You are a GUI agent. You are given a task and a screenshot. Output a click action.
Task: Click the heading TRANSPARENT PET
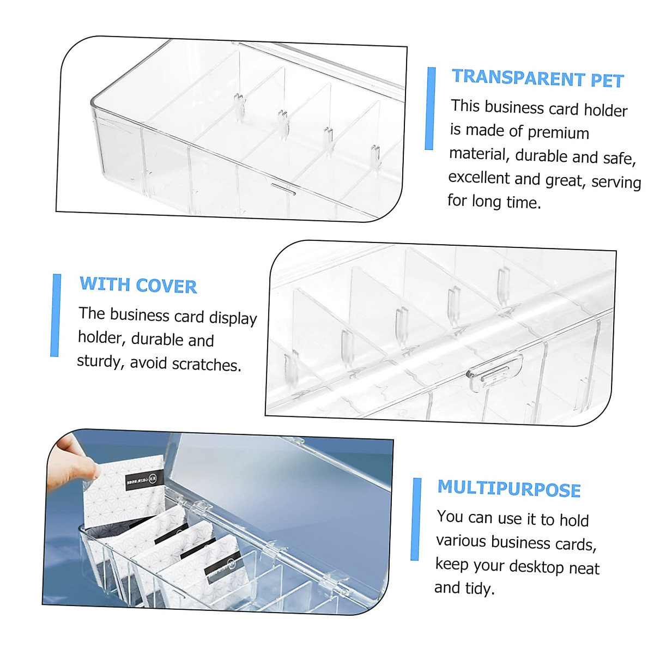click(537, 79)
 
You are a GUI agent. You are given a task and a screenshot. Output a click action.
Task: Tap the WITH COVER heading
click(138, 285)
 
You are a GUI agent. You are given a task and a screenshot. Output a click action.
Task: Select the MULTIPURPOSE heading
click(509, 488)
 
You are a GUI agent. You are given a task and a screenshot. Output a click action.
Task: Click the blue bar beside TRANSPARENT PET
click(431, 108)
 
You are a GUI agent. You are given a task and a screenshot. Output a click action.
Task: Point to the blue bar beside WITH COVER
click(56, 315)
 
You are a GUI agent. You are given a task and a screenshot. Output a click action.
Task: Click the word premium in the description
click(558, 133)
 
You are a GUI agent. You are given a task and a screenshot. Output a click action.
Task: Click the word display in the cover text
click(233, 318)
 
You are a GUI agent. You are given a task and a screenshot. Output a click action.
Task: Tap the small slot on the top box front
click(283, 188)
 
